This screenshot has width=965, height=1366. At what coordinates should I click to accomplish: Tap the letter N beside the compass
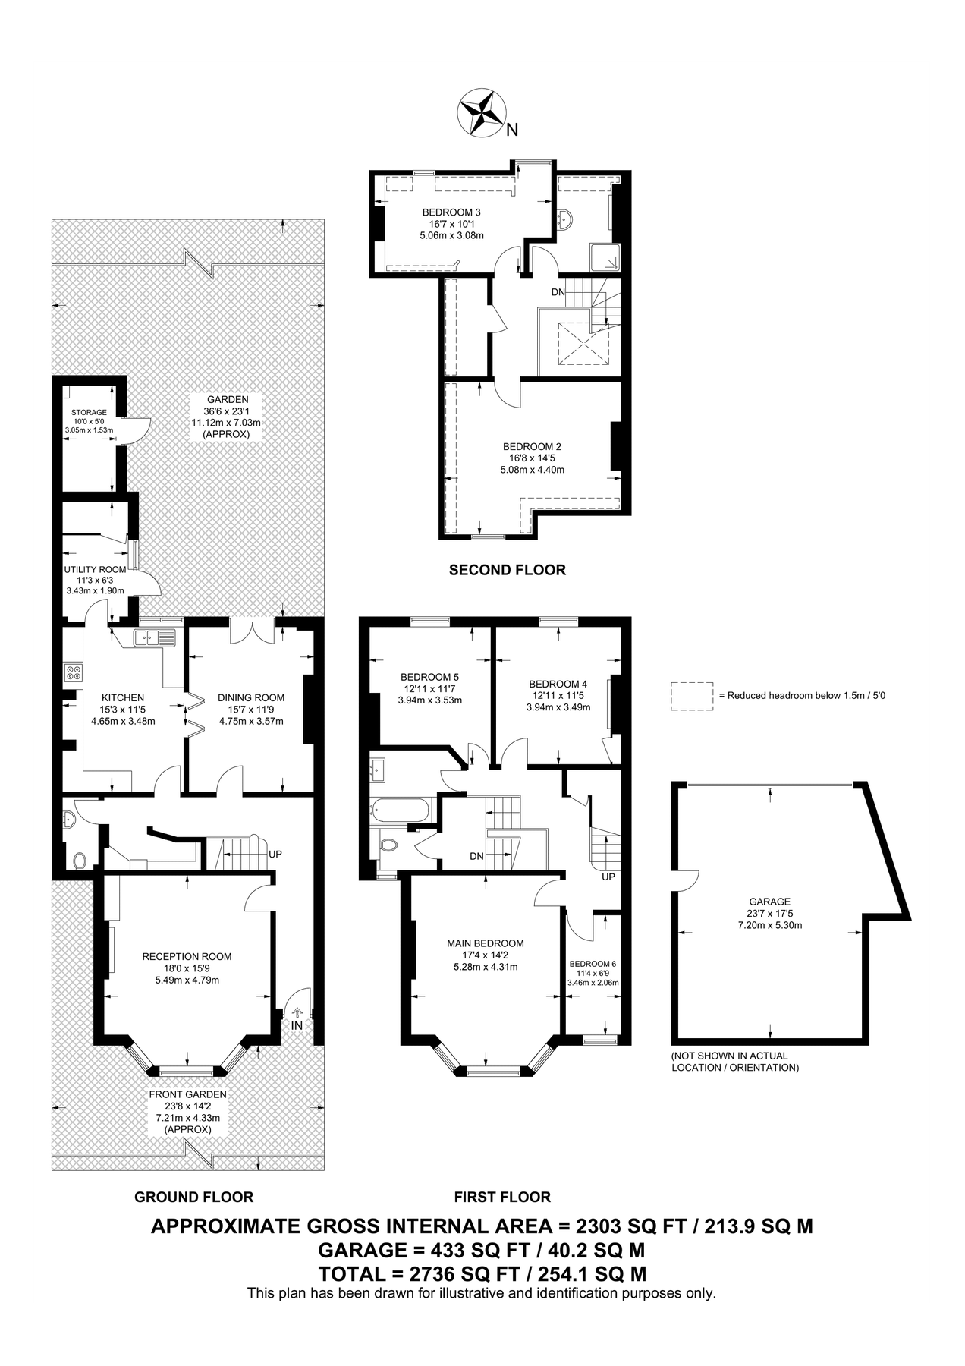[512, 130]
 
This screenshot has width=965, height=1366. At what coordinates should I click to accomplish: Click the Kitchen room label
[123, 697]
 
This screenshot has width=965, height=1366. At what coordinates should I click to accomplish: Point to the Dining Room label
[251, 697]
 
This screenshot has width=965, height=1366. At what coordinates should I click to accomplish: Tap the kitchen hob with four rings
[74, 672]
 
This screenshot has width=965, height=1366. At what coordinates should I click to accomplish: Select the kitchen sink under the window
[154, 638]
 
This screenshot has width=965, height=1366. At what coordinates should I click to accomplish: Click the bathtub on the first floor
[400, 810]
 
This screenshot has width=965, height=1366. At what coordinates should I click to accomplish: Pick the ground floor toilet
[80, 860]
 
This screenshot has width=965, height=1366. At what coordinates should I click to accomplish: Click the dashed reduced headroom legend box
[692, 695]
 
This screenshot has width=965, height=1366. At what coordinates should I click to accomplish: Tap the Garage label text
[770, 902]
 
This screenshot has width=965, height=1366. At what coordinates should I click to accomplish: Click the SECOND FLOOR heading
[507, 570]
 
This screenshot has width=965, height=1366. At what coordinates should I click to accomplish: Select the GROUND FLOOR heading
[193, 1197]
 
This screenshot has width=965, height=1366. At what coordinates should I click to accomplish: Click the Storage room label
[89, 412]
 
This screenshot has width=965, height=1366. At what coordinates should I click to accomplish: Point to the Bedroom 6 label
[593, 963]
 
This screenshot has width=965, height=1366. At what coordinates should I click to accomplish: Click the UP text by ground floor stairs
[275, 854]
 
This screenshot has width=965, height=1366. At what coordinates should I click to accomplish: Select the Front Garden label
[187, 1094]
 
